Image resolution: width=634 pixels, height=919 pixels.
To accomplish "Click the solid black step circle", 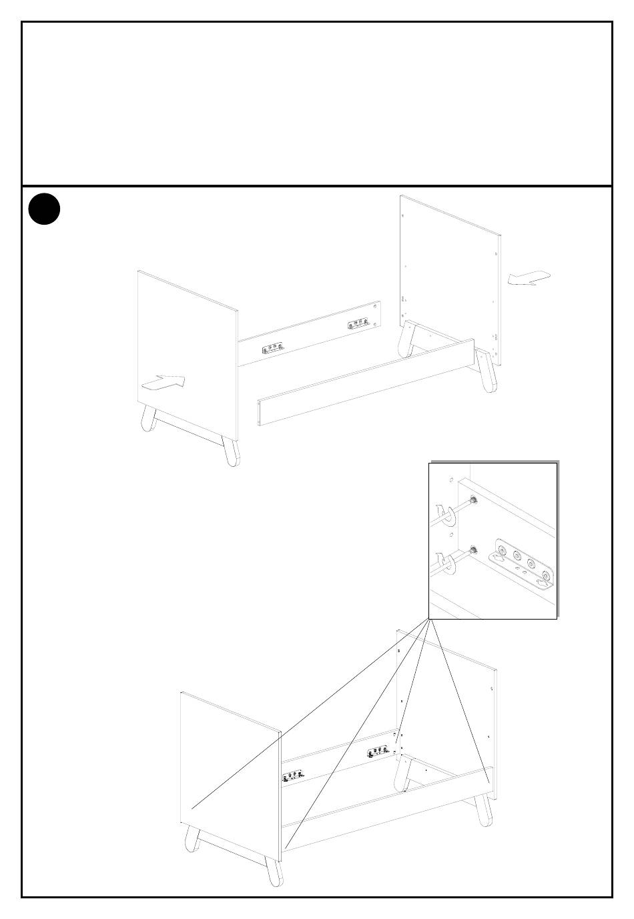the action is coord(45,209).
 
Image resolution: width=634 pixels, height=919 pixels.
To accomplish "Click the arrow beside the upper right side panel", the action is coord(529,278).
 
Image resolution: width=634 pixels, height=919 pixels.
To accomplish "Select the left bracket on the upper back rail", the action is coord(272,349).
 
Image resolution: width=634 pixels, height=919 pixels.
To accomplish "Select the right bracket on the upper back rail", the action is coord(359,325).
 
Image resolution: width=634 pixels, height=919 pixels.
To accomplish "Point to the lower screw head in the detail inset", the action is coord(472,550).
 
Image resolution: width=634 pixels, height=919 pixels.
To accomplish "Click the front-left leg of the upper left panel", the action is coord(149,418).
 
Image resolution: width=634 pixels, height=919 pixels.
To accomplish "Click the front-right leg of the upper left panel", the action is coord(231,451).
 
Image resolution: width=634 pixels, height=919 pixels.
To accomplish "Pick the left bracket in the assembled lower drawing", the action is coord(293,776).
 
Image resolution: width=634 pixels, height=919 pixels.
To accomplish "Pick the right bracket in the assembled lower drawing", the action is coord(378,752).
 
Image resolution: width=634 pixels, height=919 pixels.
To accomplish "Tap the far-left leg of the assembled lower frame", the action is coord(192,839).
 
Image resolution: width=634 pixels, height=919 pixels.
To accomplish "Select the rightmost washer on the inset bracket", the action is coord(546,576).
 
